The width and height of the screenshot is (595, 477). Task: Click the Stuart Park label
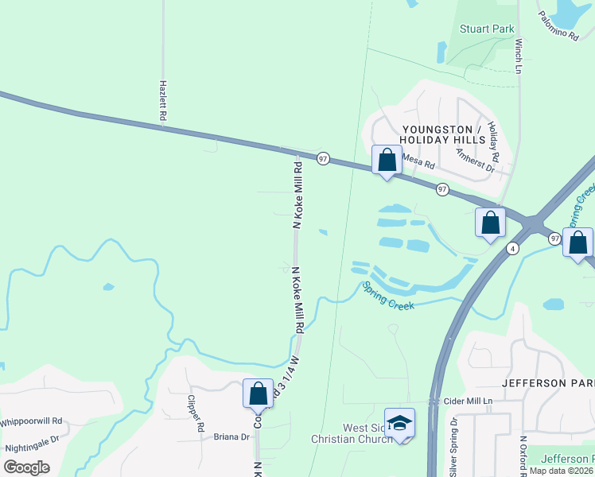click(487, 29)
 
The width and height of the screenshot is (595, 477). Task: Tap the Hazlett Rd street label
click(163, 99)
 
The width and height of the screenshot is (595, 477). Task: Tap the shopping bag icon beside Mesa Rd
click(387, 160)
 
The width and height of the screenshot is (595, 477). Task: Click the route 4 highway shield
click(514, 249)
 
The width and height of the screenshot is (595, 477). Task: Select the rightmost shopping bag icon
click(577, 242)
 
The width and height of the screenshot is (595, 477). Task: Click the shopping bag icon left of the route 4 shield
click(490, 222)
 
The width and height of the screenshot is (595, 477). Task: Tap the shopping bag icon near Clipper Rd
click(258, 394)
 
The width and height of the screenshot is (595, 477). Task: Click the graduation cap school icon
click(399, 422)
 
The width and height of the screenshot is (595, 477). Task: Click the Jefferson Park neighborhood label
click(548, 382)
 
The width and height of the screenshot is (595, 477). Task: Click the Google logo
click(26, 467)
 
